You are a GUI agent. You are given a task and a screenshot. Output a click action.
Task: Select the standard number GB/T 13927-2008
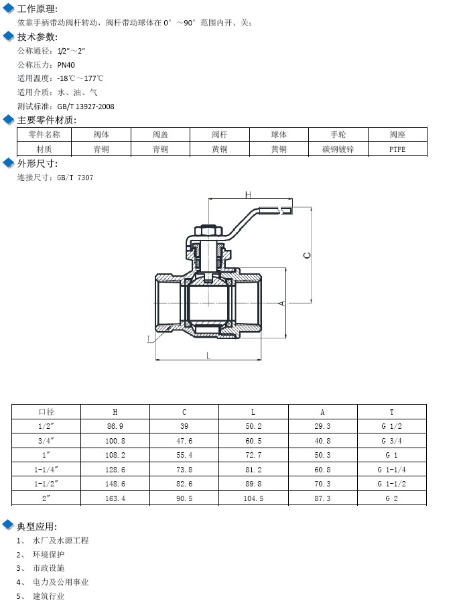point(86,107)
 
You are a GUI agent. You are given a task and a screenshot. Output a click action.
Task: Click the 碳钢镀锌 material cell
point(338,149)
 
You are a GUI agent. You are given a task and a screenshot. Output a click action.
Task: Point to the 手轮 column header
point(338,135)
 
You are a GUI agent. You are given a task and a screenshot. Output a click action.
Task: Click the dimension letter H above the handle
point(247,195)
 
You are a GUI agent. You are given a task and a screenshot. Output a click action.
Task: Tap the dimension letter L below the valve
point(209,356)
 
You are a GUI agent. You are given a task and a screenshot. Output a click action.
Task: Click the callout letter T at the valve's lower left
point(149,339)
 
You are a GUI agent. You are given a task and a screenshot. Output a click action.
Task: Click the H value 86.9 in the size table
point(115,426)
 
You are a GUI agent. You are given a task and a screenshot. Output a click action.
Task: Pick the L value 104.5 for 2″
point(253,498)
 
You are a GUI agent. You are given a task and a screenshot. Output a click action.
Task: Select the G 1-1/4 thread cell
point(392,470)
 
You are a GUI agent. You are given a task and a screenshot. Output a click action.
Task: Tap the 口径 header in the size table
point(46,412)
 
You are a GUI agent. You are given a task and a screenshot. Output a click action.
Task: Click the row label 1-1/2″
point(46,484)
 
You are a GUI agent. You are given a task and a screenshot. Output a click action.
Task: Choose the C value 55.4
point(184,455)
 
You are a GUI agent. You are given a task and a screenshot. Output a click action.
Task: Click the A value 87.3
point(322,498)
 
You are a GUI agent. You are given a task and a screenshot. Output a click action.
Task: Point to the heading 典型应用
point(37,526)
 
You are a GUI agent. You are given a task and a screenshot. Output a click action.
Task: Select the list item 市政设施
point(49,568)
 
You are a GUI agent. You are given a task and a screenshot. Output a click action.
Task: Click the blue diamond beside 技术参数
point(9,36)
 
